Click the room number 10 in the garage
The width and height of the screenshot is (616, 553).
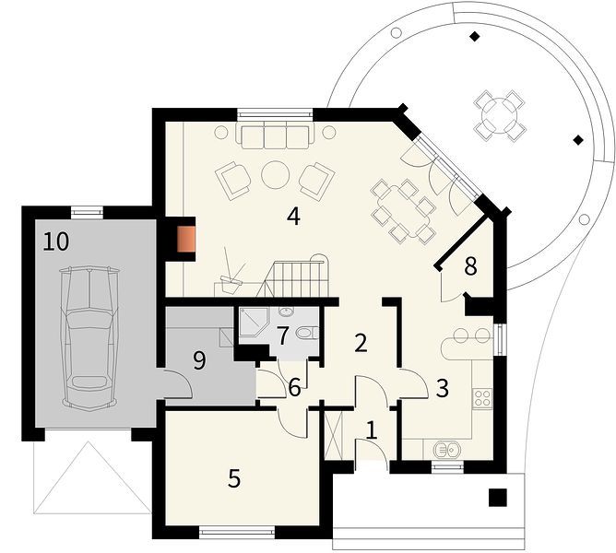point(55,241)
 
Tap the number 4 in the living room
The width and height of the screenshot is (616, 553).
point(293,217)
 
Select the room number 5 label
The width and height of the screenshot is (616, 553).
point(234,478)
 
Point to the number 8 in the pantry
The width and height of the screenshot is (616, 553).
point(470,265)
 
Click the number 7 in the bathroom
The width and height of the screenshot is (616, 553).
point(282,335)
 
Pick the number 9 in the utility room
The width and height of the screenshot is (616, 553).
point(199,360)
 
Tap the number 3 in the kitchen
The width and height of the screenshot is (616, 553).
point(442,388)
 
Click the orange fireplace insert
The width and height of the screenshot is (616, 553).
point(186,240)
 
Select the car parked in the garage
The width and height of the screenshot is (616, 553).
point(89,339)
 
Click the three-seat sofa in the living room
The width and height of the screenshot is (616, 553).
point(275,135)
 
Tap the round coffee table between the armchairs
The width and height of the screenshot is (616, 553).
point(276,175)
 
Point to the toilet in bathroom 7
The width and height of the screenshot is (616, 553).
point(307,334)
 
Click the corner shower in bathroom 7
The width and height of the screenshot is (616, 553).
point(253,324)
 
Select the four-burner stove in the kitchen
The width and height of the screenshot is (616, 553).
point(482,398)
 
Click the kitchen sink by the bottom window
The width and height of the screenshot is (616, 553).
point(448,449)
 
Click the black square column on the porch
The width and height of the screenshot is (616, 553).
point(498,497)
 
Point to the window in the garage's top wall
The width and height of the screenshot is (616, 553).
point(87,212)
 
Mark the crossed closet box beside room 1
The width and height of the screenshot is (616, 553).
point(334,435)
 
